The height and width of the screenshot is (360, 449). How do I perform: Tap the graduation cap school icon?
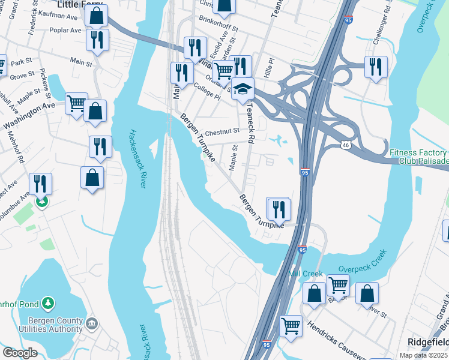point(243,89)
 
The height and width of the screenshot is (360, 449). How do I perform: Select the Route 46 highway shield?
point(345,145)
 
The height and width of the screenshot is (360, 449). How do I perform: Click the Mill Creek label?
point(306,273)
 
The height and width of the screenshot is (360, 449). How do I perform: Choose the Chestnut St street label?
point(222,131)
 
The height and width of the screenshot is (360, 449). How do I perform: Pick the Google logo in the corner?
point(20,353)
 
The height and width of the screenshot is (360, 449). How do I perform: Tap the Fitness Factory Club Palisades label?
point(418,157)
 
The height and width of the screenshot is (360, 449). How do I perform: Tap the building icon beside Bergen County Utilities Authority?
point(91,324)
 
